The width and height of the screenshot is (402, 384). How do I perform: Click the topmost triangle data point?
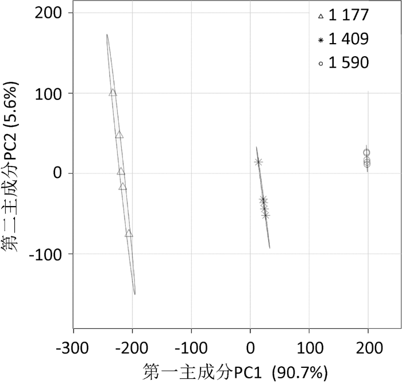pyautogui.click(x=113, y=92)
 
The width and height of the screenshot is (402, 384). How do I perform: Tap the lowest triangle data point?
pyautogui.click(x=129, y=234)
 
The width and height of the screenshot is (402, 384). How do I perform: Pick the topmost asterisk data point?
pyautogui.click(x=258, y=162)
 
